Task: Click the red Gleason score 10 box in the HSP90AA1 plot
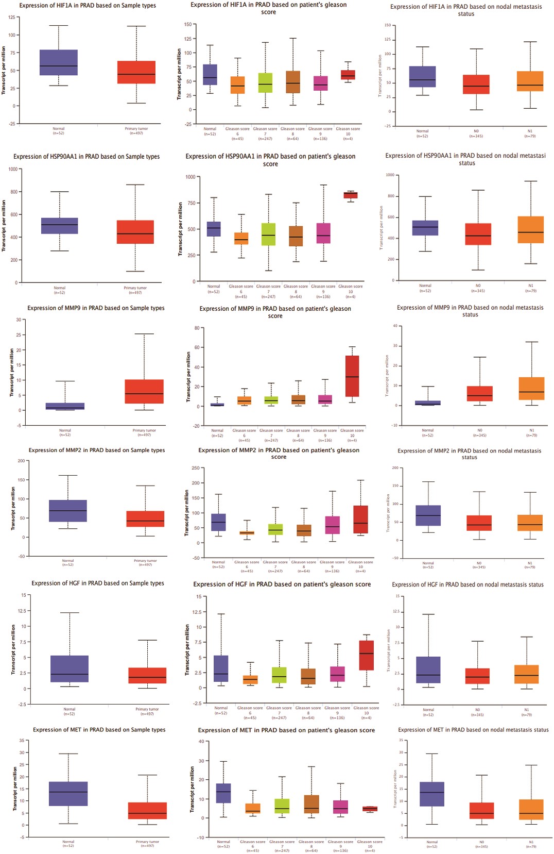(351, 195)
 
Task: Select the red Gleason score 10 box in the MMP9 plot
(352, 376)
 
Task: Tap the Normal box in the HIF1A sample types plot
(59, 62)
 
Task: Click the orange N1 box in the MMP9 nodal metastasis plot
(532, 389)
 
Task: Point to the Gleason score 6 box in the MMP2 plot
(247, 533)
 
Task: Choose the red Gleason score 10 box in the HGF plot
(366, 656)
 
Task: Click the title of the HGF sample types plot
(98, 583)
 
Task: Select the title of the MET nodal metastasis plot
(473, 730)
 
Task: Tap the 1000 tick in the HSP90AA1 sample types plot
(13, 169)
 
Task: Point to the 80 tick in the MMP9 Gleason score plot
(197, 328)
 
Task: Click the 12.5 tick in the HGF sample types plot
(22, 611)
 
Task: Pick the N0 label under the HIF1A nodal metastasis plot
(476, 131)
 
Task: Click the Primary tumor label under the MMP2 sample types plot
(145, 561)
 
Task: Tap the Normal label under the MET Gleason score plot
(223, 842)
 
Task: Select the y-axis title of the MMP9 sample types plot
(12, 372)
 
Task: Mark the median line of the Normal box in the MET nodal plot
(432, 792)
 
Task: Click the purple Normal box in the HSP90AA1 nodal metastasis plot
(425, 228)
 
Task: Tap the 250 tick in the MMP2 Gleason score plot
(195, 468)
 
